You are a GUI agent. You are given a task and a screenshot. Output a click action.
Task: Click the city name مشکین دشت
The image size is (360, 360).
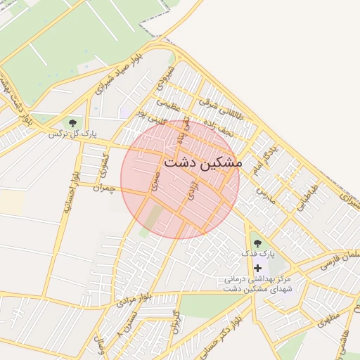point(202,162)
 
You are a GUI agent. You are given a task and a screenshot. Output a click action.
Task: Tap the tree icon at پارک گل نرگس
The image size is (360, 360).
point(73,123)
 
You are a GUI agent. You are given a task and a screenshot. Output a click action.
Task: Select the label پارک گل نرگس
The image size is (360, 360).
point(71,134)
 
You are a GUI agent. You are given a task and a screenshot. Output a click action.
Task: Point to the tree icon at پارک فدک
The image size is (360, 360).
point(256,243)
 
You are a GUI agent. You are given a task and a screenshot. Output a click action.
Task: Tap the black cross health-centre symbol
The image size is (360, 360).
point(257,268)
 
